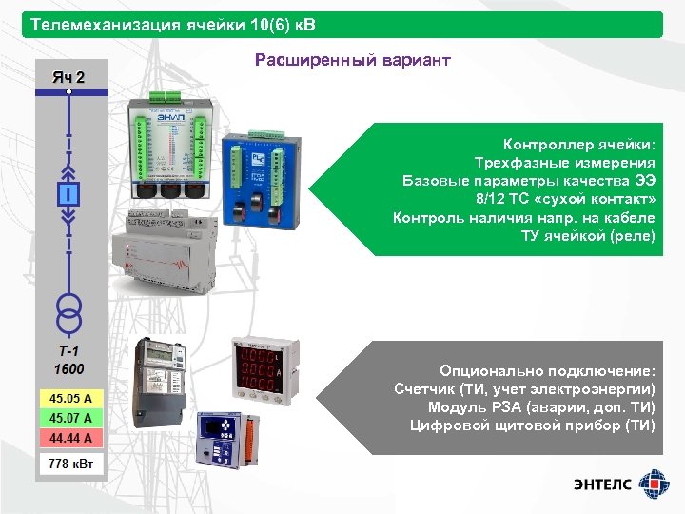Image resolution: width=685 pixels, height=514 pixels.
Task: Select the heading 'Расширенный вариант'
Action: [352, 61]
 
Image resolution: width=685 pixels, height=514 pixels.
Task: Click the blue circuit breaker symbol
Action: [69, 194]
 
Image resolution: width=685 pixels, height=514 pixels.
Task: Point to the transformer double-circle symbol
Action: [69, 306]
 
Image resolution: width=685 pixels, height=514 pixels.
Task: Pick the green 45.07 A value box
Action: [72, 418]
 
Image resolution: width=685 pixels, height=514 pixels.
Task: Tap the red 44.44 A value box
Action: [72, 438]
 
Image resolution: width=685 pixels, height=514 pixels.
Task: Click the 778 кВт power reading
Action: [72, 464]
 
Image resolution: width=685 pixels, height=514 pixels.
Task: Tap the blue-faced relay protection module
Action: [223, 442]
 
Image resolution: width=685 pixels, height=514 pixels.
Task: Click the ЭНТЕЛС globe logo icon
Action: [653, 483]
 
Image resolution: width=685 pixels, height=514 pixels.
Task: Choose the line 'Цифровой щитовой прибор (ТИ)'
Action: [532, 425]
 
